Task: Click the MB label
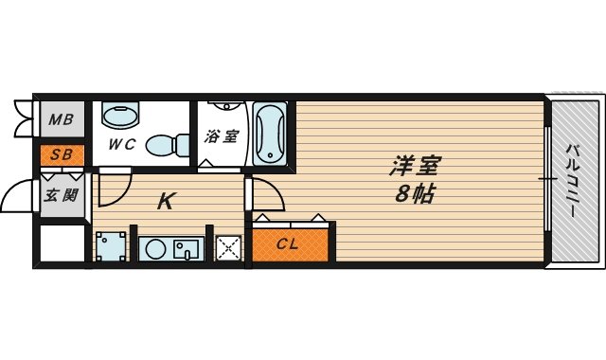tap(62, 119)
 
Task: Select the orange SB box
tap(62, 153)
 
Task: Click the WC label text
tap(122, 145)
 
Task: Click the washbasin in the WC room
tap(119, 117)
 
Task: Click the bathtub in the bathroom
tap(270, 133)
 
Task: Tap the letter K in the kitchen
tap(165, 201)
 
